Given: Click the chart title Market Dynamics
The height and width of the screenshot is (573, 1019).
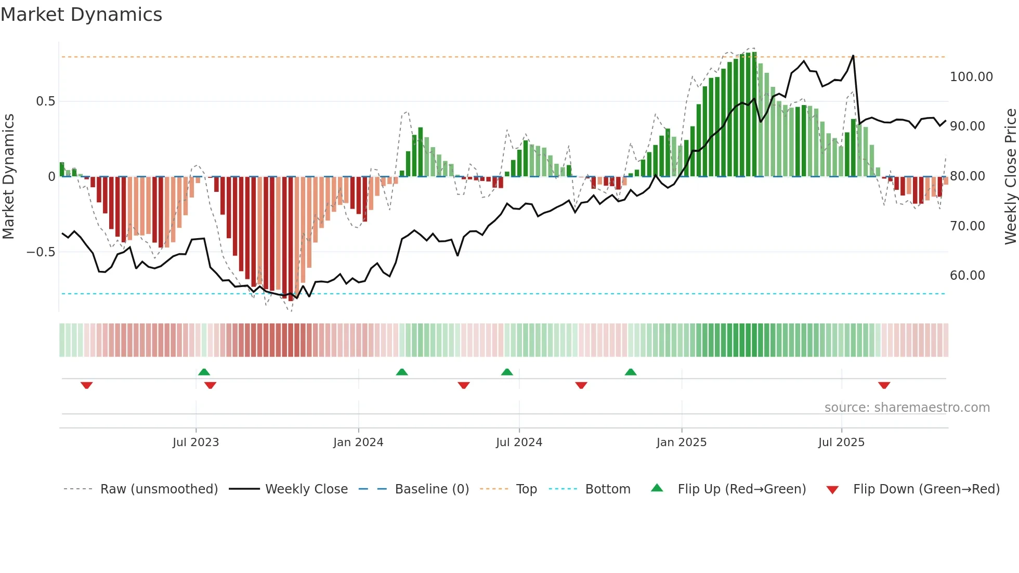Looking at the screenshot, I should pyautogui.click(x=81, y=15).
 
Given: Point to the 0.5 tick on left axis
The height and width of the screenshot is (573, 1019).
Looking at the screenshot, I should pyautogui.click(x=45, y=101).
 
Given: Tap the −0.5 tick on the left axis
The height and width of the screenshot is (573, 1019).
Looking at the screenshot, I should pyautogui.click(x=41, y=252).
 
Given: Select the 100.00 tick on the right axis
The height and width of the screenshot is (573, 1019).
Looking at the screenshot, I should pyautogui.click(x=971, y=77).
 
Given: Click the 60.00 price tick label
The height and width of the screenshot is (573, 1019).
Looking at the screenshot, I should pyautogui.click(x=967, y=276).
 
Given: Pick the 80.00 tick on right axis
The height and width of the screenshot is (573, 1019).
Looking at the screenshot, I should pyautogui.click(x=967, y=176).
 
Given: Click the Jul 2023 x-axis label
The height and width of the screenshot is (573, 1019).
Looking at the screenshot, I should pyautogui.click(x=195, y=442).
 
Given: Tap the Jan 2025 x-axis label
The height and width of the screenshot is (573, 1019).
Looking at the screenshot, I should pyautogui.click(x=681, y=442).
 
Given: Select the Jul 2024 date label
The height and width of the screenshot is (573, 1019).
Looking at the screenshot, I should pyautogui.click(x=519, y=442).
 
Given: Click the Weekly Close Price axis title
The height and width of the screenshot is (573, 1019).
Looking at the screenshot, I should pyautogui.click(x=1010, y=176).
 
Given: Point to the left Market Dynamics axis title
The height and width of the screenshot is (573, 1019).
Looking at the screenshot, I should pyautogui.click(x=8, y=176).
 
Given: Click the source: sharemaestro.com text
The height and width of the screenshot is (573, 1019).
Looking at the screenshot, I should pyautogui.click(x=907, y=408).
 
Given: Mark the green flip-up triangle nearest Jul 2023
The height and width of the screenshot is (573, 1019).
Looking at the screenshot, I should pyautogui.click(x=204, y=372).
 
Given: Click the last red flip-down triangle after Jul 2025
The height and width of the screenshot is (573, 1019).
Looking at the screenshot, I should pyautogui.click(x=884, y=385).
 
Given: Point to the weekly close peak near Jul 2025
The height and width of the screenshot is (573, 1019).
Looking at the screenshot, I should pyautogui.click(x=853, y=56).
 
